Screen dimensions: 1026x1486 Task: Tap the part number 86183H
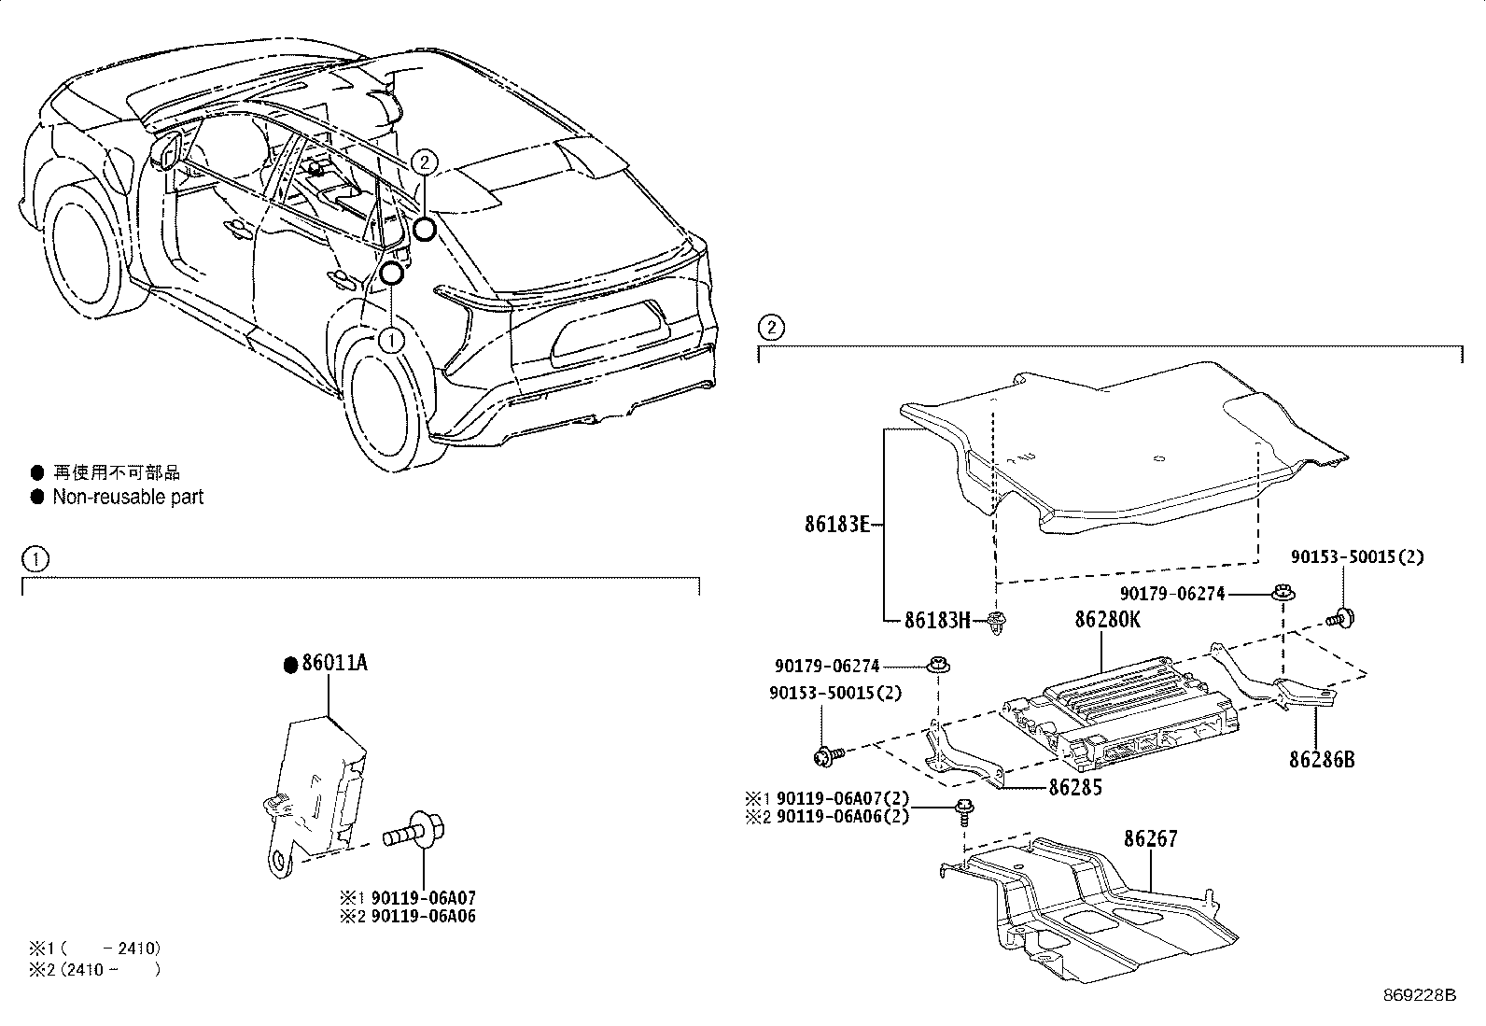pos(938,619)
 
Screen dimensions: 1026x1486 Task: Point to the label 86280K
pos(1107,620)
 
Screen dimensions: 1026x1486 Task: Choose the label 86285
pos(1075,788)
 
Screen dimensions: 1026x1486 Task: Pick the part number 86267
pos(1150,839)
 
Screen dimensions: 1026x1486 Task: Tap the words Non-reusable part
pos(128,497)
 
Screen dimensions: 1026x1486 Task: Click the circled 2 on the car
pos(423,162)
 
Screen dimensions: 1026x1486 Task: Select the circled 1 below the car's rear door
pos(392,340)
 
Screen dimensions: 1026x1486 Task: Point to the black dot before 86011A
pos(290,664)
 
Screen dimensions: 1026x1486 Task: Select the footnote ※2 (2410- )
pos(94,969)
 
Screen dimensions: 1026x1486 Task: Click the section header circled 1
pos(35,560)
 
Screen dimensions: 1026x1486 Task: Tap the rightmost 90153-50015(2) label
pos(1357,557)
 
